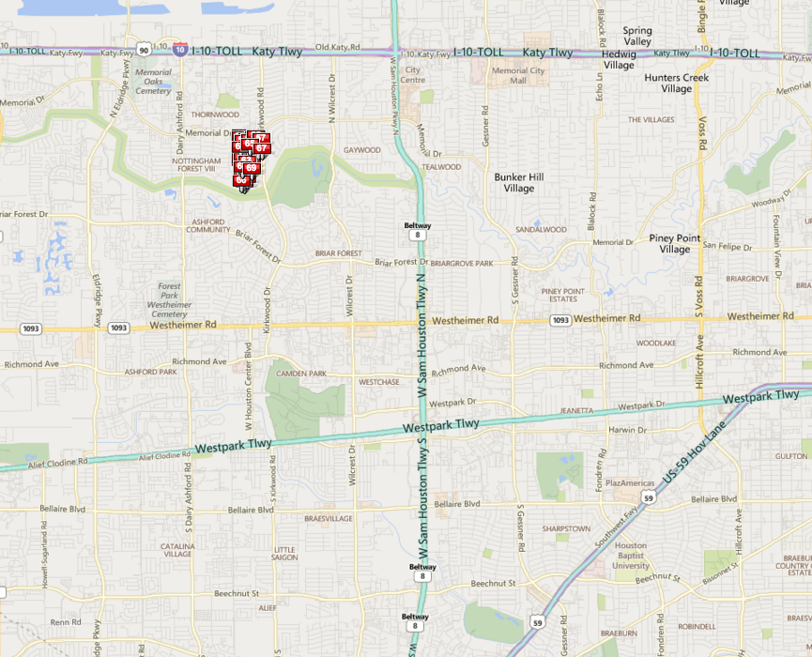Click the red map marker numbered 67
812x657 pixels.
click(262, 147)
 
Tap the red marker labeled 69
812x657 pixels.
click(252, 167)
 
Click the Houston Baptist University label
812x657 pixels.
click(631, 556)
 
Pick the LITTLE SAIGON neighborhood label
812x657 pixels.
click(283, 554)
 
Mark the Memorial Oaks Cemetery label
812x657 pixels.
click(153, 82)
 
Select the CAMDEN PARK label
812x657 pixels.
click(300, 374)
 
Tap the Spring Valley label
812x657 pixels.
click(637, 37)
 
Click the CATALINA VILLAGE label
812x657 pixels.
click(177, 550)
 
